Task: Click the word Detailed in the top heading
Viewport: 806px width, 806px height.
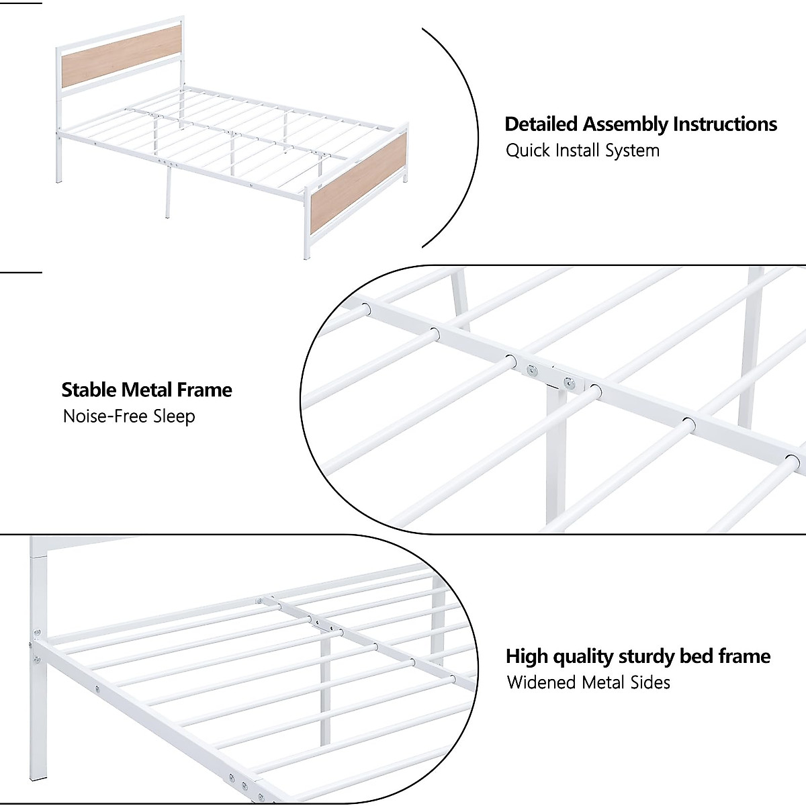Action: coord(541,124)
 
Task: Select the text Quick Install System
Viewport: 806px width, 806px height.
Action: coord(582,150)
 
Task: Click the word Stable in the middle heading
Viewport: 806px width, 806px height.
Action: coord(88,390)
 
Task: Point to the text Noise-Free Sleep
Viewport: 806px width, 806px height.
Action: coord(129,416)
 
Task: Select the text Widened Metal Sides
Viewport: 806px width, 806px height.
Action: coord(588,682)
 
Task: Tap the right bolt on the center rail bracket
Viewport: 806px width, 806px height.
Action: coord(570,383)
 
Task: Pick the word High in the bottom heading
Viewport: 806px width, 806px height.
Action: coord(527,656)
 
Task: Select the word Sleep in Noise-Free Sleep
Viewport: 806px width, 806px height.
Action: coord(174,416)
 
